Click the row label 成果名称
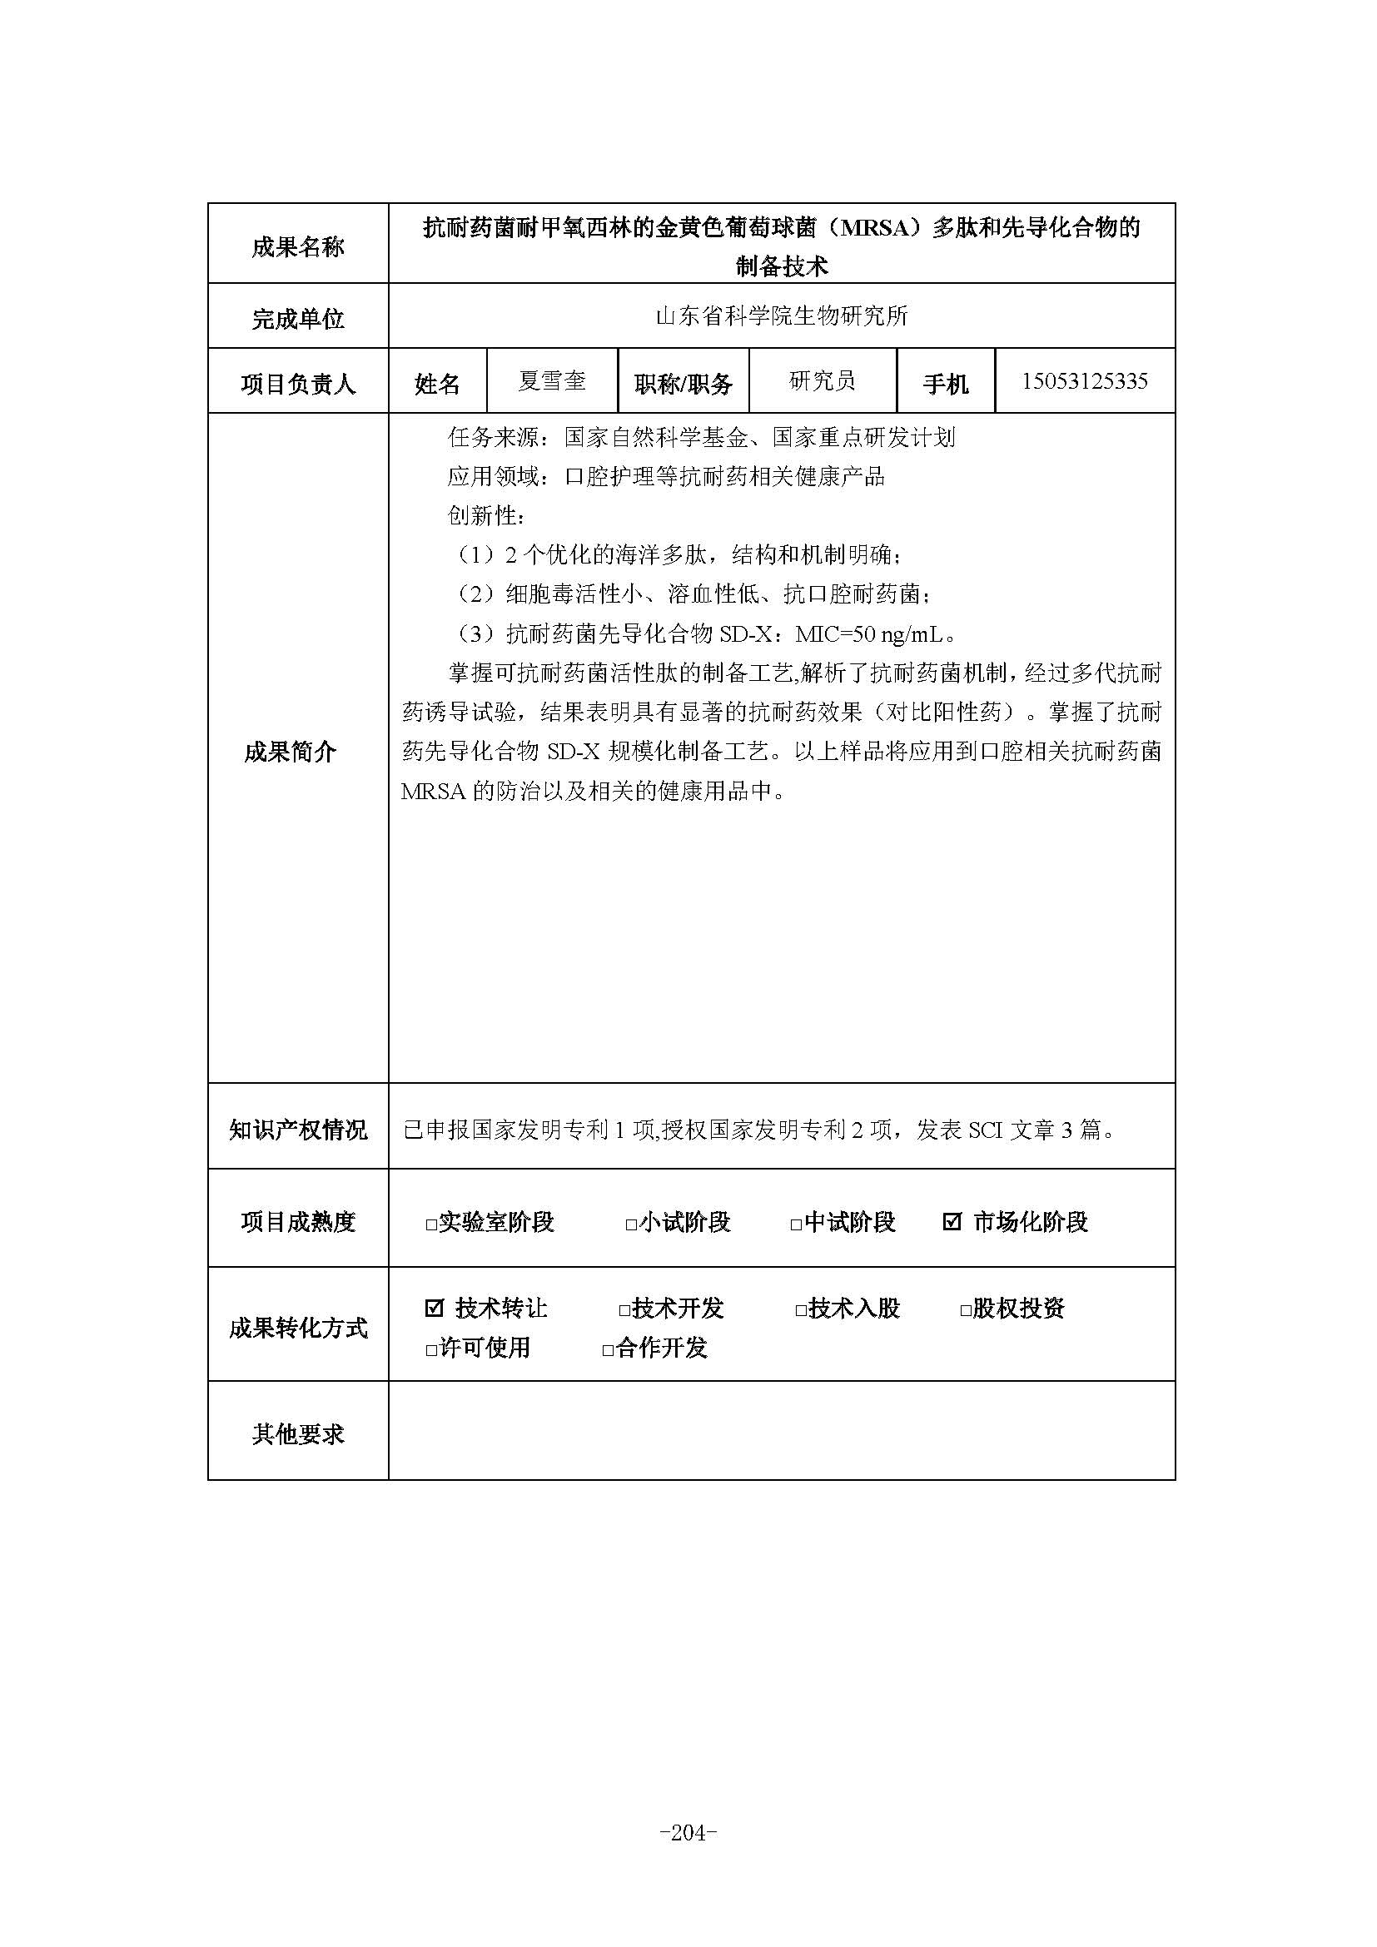coord(297,246)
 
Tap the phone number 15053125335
coord(1084,381)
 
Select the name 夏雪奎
coord(552,381)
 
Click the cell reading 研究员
coord(822,381)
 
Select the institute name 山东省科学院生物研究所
coord(781,316)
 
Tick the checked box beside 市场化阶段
coord(952,1222)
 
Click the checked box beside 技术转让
coord(434,1308)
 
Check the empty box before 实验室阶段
coord(431,1224)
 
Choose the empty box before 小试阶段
coord(631,1224)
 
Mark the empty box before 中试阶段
coord(796,1224)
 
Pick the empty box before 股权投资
coord(965,1310)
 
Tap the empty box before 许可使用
coord(431,1349)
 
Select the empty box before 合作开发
coord(608,1349)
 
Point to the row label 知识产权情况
coord(297,1130)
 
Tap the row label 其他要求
coord(297,1434)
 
